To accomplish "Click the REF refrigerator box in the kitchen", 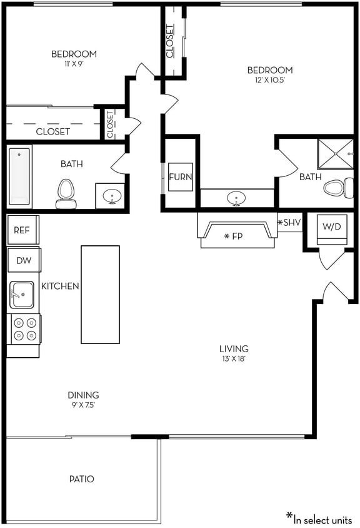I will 22,230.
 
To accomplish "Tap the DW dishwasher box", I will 23,260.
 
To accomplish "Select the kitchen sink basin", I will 22,294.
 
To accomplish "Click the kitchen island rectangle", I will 100,294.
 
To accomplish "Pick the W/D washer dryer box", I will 331,226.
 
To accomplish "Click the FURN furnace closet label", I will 180,176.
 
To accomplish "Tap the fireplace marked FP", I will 236,236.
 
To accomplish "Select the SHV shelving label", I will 289,223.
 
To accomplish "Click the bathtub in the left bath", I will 20,176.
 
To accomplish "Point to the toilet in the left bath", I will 66,193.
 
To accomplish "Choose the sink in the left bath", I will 112,195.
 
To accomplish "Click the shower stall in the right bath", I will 336,155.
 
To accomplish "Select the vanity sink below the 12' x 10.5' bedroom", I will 236,198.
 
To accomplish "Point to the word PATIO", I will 81,479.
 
